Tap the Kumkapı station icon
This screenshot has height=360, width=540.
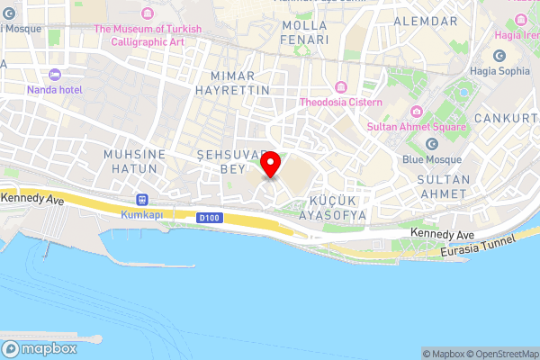(140, 200)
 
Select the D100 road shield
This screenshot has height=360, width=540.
(209, 216)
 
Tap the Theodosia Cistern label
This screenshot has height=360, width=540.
(341, 102)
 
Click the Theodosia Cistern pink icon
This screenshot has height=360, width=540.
(341, 87)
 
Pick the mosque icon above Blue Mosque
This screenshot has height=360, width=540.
(431, 144)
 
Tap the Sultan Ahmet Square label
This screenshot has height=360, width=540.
(416, 127)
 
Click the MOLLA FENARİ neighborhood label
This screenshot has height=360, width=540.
(303, 32)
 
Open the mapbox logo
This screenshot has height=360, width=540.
(40, 348)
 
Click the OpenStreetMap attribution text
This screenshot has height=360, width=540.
(505, 354)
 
